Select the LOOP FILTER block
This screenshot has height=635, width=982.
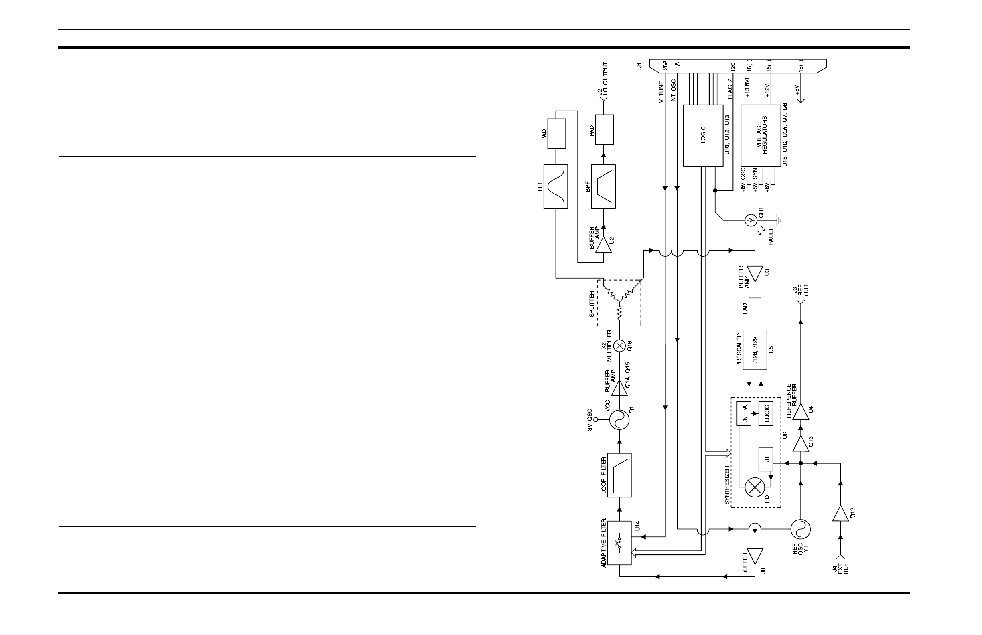pyautogui.click(x=619, y=475)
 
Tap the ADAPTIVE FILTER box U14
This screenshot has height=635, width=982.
pyautogui.click(x=619, y=543)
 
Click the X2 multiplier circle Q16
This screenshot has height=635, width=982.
pyautogui.click(x=619, y=346)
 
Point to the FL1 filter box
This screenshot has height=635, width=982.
pyautogui.click(x=555, y=186)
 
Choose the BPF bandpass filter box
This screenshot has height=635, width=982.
pyautogui.click(x=603, y=186)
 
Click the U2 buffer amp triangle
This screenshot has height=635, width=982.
pyautogui.click(x=603, y=246)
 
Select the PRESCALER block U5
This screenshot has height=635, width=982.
pyautogui.click(x=755, y=350)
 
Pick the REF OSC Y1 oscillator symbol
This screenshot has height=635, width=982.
pyautogui.click(x=800, y=529)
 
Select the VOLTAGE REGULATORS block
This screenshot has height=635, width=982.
pyautogui.click(x=761, y=135)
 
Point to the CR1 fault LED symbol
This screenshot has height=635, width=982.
pyautogui.click(x=751, y=221)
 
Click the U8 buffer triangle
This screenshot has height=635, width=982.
pyautogui.click(x=755, y=557)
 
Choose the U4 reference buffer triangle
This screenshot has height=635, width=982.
pyautogui.click(x=800, y=412)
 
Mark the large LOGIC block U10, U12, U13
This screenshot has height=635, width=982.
pyautogui.click(x=703, y=135)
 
